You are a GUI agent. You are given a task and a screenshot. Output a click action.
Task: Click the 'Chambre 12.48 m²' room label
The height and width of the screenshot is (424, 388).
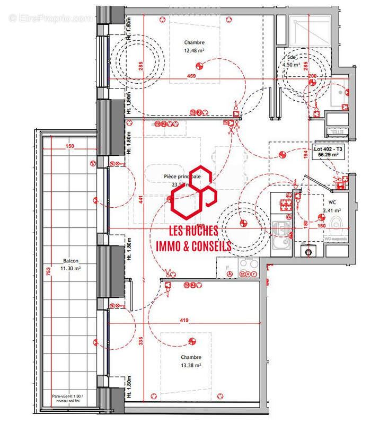pyautogui.click(x=194, y=47)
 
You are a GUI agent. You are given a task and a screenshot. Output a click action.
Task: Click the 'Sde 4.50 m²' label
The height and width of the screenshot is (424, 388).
pyautogui.click(x=292, y=61)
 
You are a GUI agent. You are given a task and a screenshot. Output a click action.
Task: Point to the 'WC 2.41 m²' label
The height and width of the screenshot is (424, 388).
pyautogui.click(x=332, y=206)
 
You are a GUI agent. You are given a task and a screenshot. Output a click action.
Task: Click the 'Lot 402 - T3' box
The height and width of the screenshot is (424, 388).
pyautogui.click(x=328, y=153)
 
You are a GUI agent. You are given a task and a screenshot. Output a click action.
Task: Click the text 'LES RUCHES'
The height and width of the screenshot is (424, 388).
pyautogui.click(x=193, y=231)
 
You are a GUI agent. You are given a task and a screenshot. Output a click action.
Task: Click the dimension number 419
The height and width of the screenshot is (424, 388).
pyautogui.click(x=184, y=320)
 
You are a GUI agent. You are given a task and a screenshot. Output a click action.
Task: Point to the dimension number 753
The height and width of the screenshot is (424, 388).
pyautogui.click(x=48, y=272)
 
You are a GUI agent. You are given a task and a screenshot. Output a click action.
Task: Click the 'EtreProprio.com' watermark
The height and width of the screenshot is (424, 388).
pyautogui.click(x=50, y=18)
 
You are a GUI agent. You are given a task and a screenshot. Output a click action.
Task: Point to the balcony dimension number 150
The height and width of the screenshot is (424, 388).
pyautogui.click(x=70, y=146)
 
